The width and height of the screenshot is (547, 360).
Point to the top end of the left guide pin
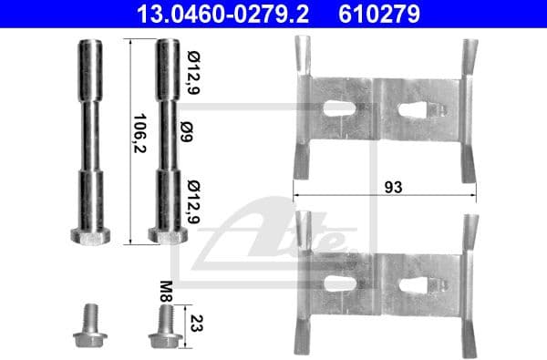[x=89, y=45]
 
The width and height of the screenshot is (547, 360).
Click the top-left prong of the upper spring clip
[x=301, y=55]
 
